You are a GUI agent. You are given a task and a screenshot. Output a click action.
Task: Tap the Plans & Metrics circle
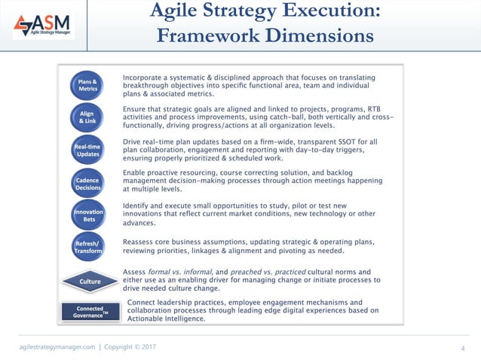pos(87,85)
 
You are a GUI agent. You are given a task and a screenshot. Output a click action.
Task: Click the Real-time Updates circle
pos(87,149)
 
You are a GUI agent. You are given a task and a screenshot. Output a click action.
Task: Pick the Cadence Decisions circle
pos(87,183)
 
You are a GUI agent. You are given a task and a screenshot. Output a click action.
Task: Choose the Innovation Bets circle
pos(87,215)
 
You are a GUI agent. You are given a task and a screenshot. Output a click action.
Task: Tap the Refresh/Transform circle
pos(87,249)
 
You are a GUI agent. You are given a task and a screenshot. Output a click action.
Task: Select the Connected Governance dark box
pos(90,312)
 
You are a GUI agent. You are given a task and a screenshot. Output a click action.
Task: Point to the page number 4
pos(462,347)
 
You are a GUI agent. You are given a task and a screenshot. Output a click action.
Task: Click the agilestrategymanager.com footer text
pos(57,346)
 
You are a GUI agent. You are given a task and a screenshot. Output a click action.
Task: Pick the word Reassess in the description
pos(143,242)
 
